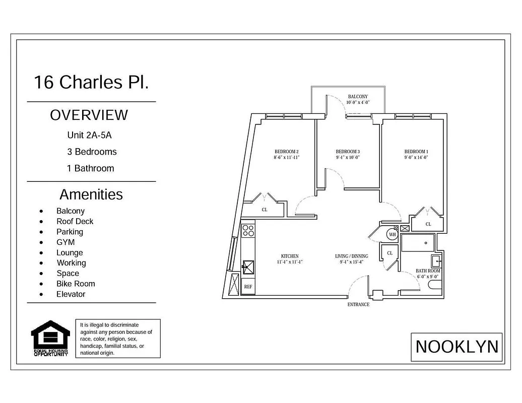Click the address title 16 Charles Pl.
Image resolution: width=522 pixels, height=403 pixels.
[91, 82]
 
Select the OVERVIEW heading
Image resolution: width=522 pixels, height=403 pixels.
[89, 115]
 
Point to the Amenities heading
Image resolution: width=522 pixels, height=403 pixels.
[91, 194]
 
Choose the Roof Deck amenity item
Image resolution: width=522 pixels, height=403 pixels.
[75, 221]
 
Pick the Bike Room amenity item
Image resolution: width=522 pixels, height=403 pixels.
[76, 284]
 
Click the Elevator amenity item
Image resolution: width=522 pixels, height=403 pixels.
[71, 294]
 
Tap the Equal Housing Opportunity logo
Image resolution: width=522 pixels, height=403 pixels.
[50, 338]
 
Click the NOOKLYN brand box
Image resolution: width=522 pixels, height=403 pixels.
[456, 347]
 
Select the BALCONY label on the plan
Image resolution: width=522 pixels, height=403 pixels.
[358, 96]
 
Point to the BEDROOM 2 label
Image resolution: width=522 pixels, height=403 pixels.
[287, 152]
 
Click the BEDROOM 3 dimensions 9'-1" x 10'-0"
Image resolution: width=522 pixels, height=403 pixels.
[348, 157]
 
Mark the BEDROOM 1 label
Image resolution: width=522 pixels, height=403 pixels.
[416, 152]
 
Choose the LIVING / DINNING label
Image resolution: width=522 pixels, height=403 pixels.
[351, 256]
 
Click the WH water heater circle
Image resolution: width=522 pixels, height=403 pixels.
[393, 234]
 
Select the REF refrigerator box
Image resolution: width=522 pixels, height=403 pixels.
[248, 287]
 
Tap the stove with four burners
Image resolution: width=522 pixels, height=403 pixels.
[248, 230]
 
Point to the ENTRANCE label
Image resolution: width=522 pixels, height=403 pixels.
[358, 304]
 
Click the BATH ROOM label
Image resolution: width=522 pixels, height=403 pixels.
[428, 271]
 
